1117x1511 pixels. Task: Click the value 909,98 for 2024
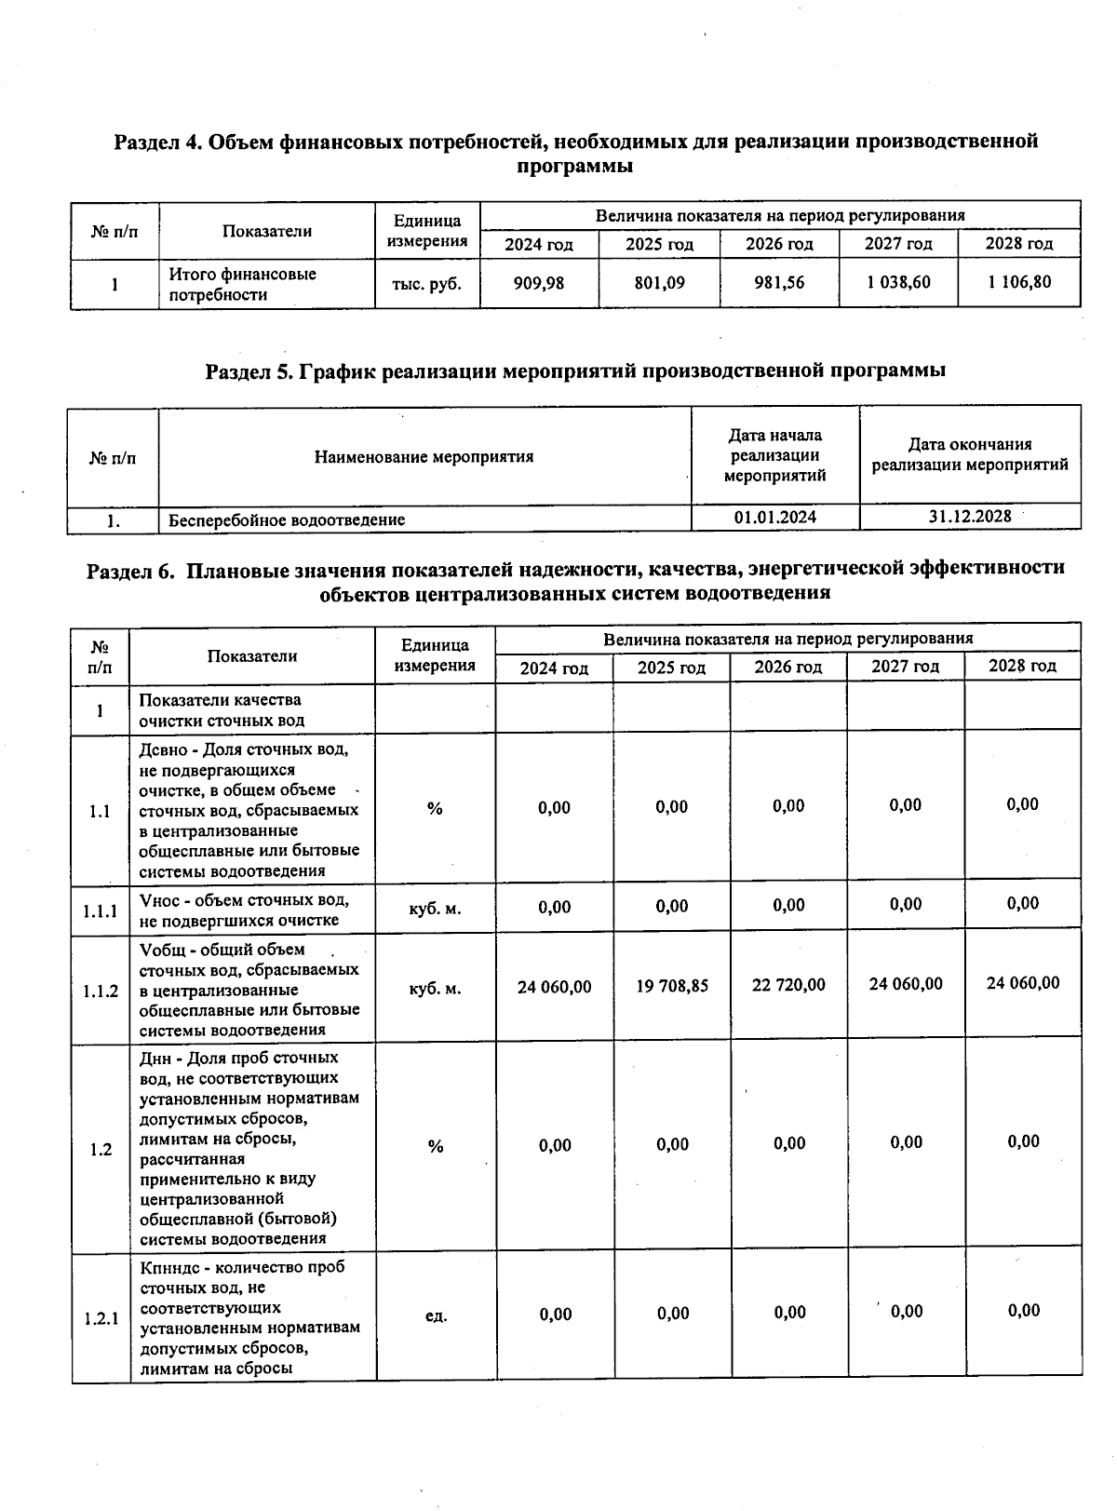coord(538,283)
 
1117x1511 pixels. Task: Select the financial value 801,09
coord(659,283)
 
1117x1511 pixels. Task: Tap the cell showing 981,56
coord(779,283)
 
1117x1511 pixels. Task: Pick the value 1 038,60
coord(898,282)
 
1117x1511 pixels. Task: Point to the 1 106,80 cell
coord(1019,282)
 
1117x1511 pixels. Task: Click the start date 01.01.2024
coord(774,517)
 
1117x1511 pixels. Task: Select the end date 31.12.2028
coord(970,516)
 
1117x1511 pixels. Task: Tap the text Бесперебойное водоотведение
coord(287,519)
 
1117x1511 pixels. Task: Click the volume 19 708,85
coord(671,985)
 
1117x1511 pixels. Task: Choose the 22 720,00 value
coord(788,985)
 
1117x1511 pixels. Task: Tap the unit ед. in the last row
coord(436,1315)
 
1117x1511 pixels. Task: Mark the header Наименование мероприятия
coord(424,457)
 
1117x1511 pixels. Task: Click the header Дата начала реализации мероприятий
coord(774,455)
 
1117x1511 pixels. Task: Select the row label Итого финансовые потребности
coord(242,285)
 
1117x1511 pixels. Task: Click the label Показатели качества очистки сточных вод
coord(221,710)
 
